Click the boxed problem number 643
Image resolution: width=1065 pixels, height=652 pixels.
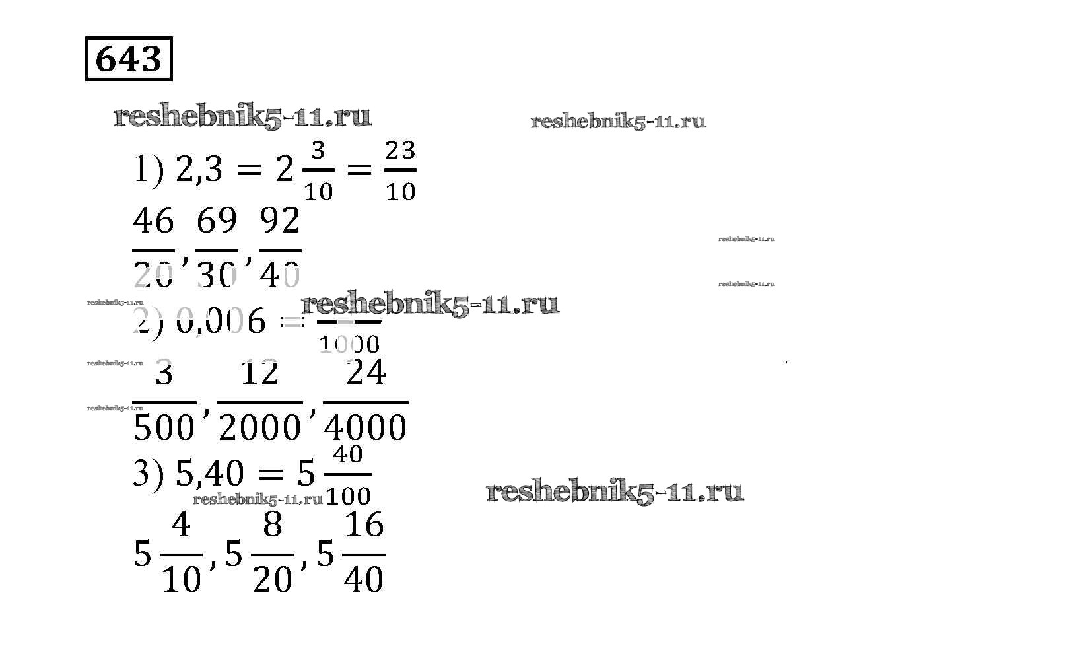tap(129, 59)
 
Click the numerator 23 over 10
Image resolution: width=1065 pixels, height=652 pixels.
tap(400, 151)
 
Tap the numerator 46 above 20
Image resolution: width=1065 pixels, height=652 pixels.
tap(153, 221)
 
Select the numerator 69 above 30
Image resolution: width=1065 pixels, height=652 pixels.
tap(217, 221)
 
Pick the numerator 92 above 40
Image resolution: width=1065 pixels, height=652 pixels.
tap(280, 221)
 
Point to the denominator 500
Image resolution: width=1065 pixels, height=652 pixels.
tap(164, 427)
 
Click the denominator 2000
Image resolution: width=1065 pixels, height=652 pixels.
tap(259, 427)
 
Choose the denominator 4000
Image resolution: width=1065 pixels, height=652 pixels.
tap(366, 427)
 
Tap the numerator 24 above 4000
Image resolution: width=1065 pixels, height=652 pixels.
tap(366, 373)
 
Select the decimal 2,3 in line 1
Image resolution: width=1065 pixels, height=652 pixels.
tap(199, 170)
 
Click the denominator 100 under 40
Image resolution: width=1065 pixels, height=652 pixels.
tap(349, 495)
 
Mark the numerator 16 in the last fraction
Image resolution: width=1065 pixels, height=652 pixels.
tap(364, 525)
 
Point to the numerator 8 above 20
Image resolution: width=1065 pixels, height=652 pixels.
tap(273, 525)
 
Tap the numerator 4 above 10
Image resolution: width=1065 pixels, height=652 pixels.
tap(181, 525)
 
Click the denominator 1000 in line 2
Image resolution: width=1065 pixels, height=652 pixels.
tap(349, 344)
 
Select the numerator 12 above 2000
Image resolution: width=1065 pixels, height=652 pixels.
tap(259, 373)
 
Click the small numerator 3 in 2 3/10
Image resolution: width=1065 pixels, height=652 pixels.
tap(318, 151)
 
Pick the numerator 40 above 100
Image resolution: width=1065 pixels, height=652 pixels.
tap(348, 454)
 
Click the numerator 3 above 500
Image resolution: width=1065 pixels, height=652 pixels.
tap(164, 373)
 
